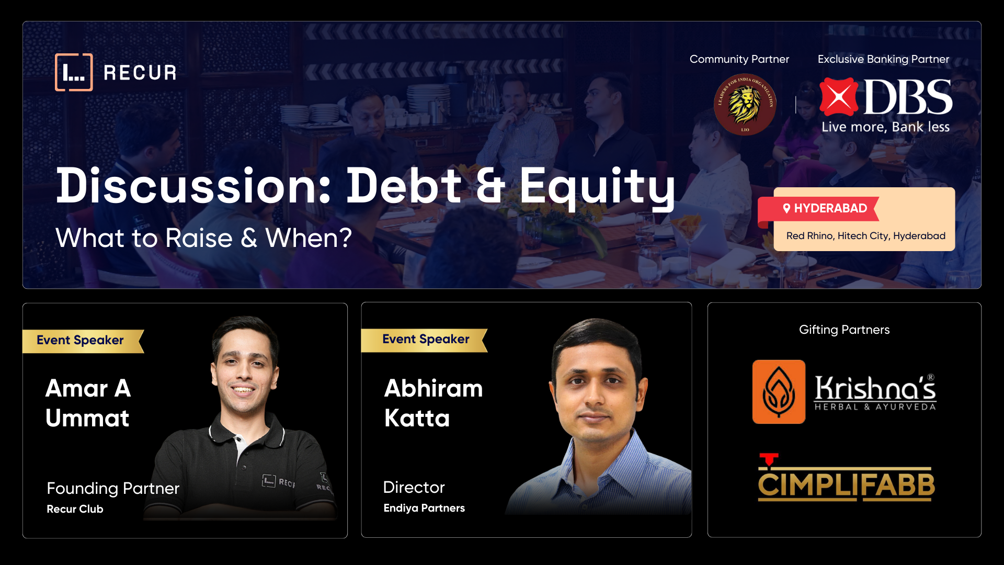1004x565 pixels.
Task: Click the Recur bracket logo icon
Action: tap(74, 72)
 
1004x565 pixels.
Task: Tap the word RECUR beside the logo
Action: tap(140, 73)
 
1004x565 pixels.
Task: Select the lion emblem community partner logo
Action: tap(745, 104)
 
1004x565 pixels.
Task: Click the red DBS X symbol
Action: tap(839, 97)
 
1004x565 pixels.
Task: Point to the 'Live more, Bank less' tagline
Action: tap(885, 127)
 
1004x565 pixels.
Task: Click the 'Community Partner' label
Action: tap(739, 59)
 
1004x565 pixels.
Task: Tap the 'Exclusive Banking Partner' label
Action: tap(883, 59)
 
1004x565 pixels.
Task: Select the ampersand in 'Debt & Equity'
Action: tap(490, 186)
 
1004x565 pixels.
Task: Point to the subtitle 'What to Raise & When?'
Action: tap(203, 238)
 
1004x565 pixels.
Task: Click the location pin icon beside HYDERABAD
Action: tap(786, 208)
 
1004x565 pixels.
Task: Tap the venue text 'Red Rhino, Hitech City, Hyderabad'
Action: tap(865, 236)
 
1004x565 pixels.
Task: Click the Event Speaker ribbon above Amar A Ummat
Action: tap(81, 341)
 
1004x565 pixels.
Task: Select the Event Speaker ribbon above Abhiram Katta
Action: tap(426, 340)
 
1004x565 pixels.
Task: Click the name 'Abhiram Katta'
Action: tap(433, 403)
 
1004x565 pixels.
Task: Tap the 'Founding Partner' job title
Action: tap(113, 488)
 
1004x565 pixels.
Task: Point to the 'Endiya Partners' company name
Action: tap(424, 508)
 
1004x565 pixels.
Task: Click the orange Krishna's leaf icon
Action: tap(779, 392)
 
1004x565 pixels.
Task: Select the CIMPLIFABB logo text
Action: tap(846, 484)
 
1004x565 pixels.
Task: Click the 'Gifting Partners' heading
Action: tap(844, 330)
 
